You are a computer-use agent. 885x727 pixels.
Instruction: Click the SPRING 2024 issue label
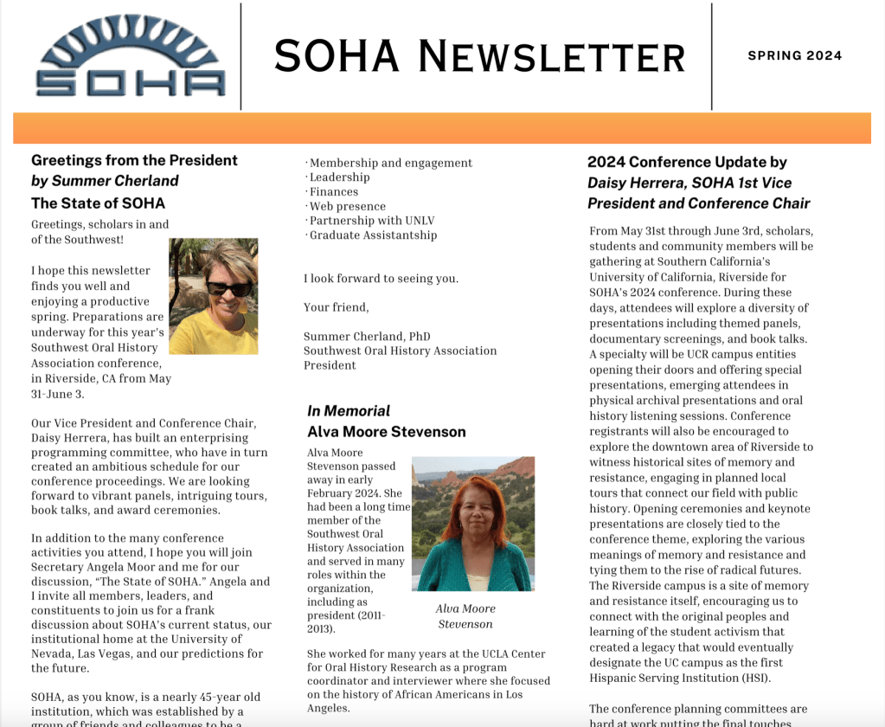[x=794, y=56]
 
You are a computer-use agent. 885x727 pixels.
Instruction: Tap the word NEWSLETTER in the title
[x=551, y=57]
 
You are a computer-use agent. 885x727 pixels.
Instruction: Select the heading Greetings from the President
[x=134, y=160]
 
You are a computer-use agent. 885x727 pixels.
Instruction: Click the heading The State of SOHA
[x=98, y=203]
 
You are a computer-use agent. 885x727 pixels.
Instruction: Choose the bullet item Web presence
[x=347, y=206]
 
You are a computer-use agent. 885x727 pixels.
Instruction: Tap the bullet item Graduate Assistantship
[x=373, y=235]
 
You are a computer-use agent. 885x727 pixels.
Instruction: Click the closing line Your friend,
[x=336, y=307]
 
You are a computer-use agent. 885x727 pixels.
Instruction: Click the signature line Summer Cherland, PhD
[x=367, y=337]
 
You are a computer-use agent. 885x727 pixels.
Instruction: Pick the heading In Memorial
[x=349, y=411]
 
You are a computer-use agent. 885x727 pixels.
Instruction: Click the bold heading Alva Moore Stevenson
[x=387, y=432]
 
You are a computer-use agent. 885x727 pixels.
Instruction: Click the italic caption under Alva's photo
[x=465, y=616]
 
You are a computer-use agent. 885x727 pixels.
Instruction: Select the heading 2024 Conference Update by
[x=687, y=162]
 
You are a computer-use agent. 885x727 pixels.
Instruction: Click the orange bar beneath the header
[x=442, y=128]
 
